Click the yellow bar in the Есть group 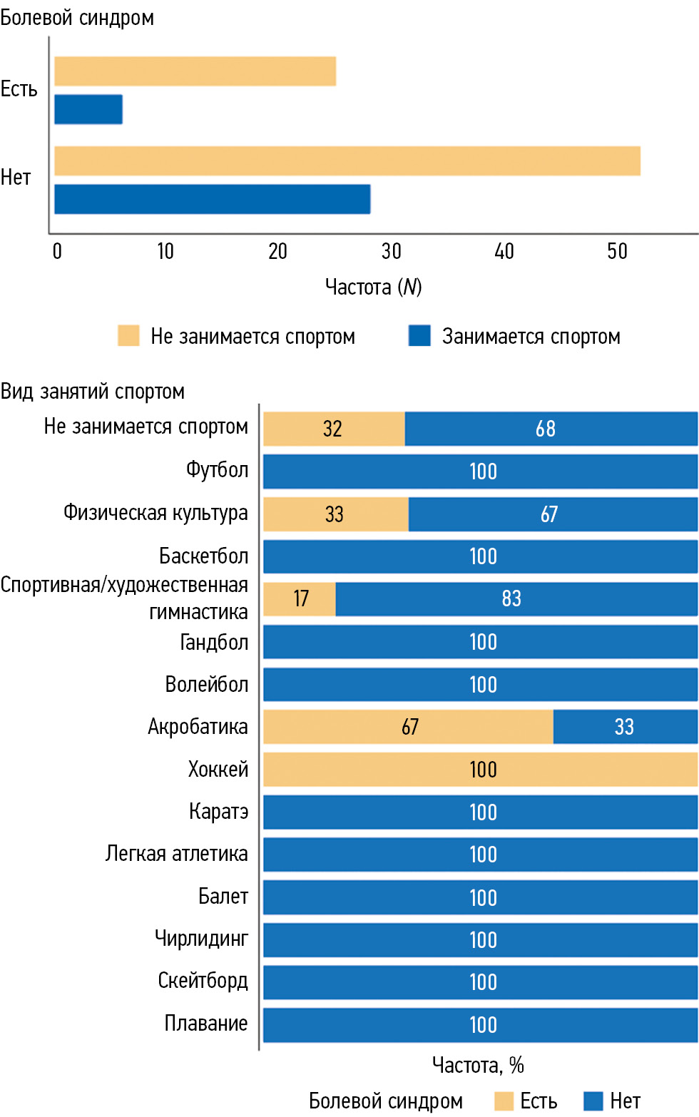[195, 71]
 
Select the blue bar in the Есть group [88, 109]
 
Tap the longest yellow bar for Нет [347, 160]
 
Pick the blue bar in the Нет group [213, 199]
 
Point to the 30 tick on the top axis [391, 251]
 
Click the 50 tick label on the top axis [617, 251]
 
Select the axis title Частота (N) [373, 287]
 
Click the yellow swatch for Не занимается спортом [128, 335]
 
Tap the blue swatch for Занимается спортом [419, 335]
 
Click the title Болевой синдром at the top [77, 17]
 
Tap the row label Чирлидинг [201, 938]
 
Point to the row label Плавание [205, 1023]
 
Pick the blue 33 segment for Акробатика [625, 727]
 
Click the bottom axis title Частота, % [478, 1065]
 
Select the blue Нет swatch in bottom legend [593, 1101]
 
